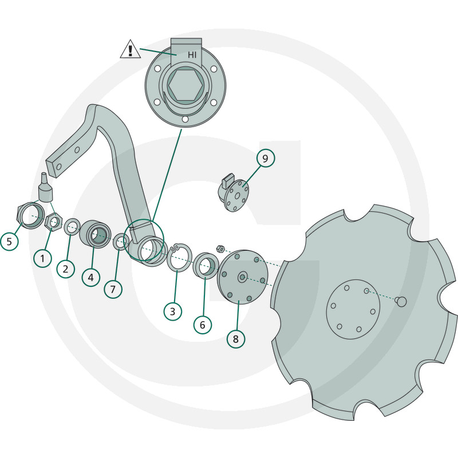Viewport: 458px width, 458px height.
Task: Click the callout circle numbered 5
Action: [9, 241]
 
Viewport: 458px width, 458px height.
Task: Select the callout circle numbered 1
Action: [42, 258]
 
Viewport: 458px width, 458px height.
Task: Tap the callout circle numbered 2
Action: [66, 269]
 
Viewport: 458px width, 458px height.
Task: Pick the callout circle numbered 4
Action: [91, 277]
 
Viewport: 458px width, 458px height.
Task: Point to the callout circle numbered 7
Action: [113, 289]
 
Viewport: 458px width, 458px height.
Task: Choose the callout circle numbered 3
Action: [173, 311]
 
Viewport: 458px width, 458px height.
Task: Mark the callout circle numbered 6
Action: [203, 325]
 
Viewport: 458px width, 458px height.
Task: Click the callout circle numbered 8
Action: [236, 339]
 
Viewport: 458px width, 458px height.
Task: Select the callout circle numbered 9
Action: [266, 159]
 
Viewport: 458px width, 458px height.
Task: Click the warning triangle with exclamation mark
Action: [131, 50]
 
